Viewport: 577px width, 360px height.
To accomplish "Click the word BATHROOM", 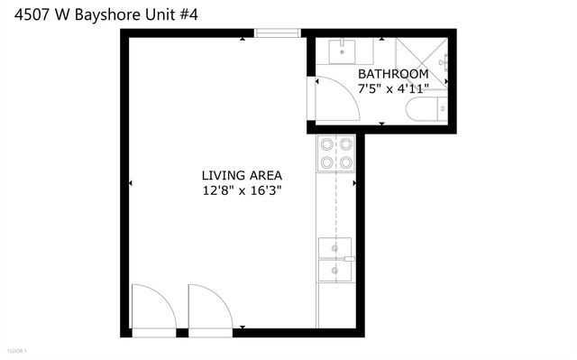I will click(392, 74).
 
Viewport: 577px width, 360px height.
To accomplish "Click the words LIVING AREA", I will click(242, 175).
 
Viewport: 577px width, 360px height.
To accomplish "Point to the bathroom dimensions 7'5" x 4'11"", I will click(392, 89).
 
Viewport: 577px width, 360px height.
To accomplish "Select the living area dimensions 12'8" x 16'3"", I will click(242, 190).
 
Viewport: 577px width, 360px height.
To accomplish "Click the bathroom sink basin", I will click(343, 51).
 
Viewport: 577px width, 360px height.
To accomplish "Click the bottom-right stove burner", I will click(345, 163).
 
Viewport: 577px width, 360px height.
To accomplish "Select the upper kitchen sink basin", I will click(335, 247).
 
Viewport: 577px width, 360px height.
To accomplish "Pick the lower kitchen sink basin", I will click(335, 271).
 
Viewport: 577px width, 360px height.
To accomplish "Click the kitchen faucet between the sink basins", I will click(349, 259).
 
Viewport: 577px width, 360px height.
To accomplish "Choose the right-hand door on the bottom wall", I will click(208, 309).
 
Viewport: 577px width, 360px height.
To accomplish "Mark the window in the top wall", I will click(277, 34).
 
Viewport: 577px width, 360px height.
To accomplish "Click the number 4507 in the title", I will click(19, 12).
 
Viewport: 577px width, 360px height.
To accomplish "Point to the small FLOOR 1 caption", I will click(17, 349).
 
